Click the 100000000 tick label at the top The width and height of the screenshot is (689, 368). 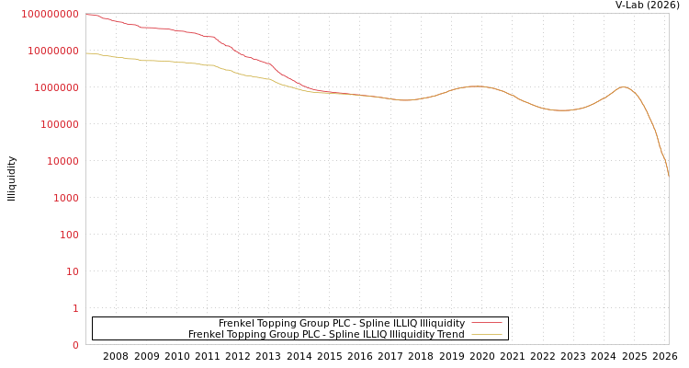point(50,14)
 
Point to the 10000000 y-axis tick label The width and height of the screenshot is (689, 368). point(53,51)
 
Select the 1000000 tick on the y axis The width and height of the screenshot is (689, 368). point(57,87)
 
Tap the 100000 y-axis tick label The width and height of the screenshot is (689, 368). point(60,124)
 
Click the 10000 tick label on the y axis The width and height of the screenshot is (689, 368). point(63,161)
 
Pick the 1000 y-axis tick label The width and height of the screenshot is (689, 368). point(66,198)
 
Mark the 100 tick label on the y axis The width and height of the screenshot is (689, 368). point(70,235)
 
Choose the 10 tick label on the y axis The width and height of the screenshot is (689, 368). point(73,271)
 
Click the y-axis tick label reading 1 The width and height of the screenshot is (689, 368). point(76,308)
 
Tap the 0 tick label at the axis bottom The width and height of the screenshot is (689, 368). point(76,345)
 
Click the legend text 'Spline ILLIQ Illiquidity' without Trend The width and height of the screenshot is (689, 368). point(342,323)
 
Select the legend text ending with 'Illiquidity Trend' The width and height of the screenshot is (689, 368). point(326,334)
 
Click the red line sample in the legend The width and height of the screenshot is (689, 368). point(487,323)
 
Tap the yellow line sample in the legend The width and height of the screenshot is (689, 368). point(487,334)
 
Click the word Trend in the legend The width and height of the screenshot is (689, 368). point(450,334)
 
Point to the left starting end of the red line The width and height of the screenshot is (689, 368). point(86,14)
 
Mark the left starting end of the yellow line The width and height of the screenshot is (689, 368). point(86,52)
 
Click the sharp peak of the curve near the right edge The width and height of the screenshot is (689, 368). point(624,87)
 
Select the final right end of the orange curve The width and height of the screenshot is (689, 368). point(668,175)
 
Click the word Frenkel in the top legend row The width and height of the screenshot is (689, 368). point(236,323)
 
